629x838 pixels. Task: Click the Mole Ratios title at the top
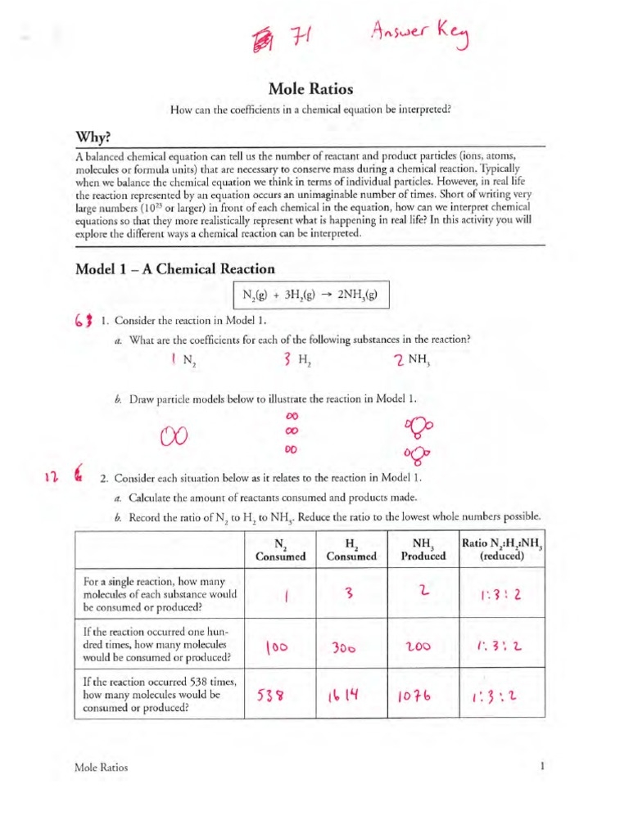click(x=313, y=89)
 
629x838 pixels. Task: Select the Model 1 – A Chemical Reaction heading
click(x=174, y=269)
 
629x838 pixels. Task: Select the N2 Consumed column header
click(x=279, y=549)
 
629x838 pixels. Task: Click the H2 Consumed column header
click(x=351, y=549)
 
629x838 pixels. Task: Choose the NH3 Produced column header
click(x=423, y=549)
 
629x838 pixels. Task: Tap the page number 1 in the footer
click(x=542, y=767)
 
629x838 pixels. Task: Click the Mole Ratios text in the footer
click(x=101, y=768)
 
